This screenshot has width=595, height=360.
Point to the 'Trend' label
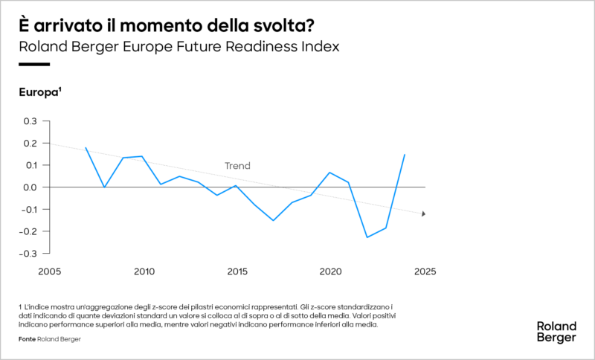[237, 166]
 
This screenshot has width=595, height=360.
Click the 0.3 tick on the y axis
[30, 121]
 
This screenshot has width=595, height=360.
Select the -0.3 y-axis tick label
[28, 254]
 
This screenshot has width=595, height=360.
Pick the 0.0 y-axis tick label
[30, 187]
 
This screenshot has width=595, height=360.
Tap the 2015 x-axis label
[237, 271]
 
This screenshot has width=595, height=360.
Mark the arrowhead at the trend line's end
[423, 214]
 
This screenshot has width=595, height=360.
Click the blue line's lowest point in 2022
[367, 237]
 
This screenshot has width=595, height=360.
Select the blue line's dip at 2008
[104, 187]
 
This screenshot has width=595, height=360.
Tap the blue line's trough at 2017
[274, 220]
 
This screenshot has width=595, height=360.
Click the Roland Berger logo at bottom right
[556, 332]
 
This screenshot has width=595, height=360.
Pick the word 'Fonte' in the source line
[26, 339]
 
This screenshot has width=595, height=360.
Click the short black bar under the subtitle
[33, 65]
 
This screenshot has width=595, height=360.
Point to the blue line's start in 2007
[86, 147]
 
